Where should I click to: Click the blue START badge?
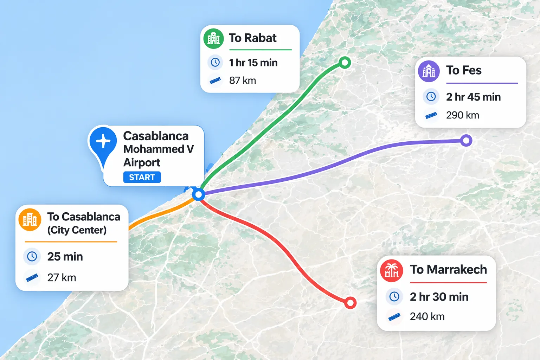pyautogui.click(x=142, y=177)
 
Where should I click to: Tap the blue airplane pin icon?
pyautogui.click(x=103, y=141)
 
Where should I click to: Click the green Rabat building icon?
pyautogui.click(x=213, y=38)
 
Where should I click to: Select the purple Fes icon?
pyautogui.click(x=429, y=71)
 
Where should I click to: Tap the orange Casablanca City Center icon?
pyautogui.click(x=30, y=220)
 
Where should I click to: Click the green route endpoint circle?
pyautogui.click(x=345, y=63)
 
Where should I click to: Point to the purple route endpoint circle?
pyautogui.click(x=466, y=141)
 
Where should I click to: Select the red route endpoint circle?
pyautogui.click(x=350, y=303)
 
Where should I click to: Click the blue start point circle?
pyautogui.click(x=199, y=194)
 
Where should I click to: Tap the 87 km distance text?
pyautogui.click(x=243, y=81)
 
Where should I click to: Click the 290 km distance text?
pyautogui.click(x=462, y=115)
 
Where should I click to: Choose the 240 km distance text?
pyautogui.click(x=427, y=317)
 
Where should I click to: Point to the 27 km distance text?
pyautogui.click(x=62, y=278)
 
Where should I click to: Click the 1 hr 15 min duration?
pyautogui.click(x=253, y=63)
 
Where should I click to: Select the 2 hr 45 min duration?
pyautogui.click(x=473, y=97)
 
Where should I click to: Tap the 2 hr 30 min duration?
pyautogui.click(x=439, y=297)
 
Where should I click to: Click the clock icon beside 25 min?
pyautogui.click(x=32, y=256)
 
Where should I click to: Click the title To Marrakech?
pyautogui.click(x=448, y=270)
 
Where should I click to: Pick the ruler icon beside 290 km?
pyautogui.click(x=431, y=115)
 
